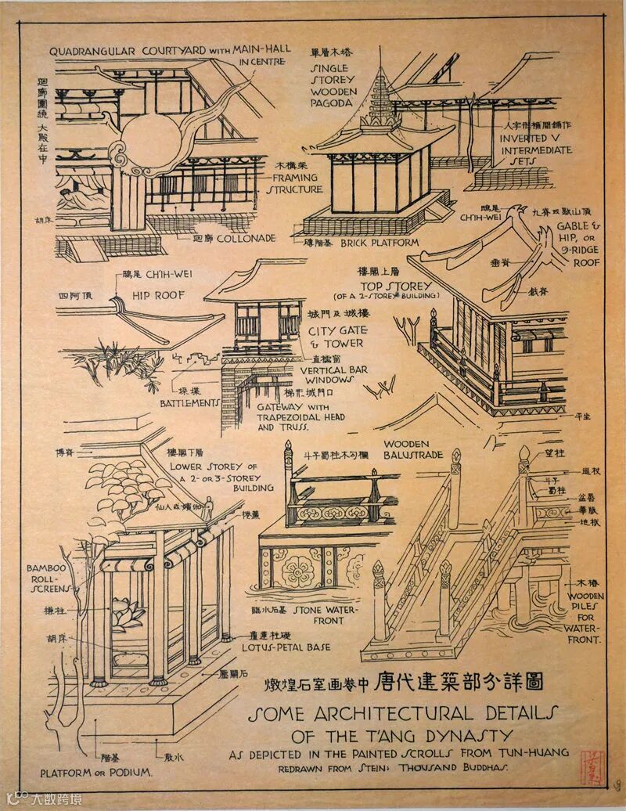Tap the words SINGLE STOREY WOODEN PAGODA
coord(333,80)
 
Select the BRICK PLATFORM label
coord(378,243)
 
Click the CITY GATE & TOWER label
coord(337,337)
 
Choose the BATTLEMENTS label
coord(189,402)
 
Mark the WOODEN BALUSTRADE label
coord(412,449)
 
